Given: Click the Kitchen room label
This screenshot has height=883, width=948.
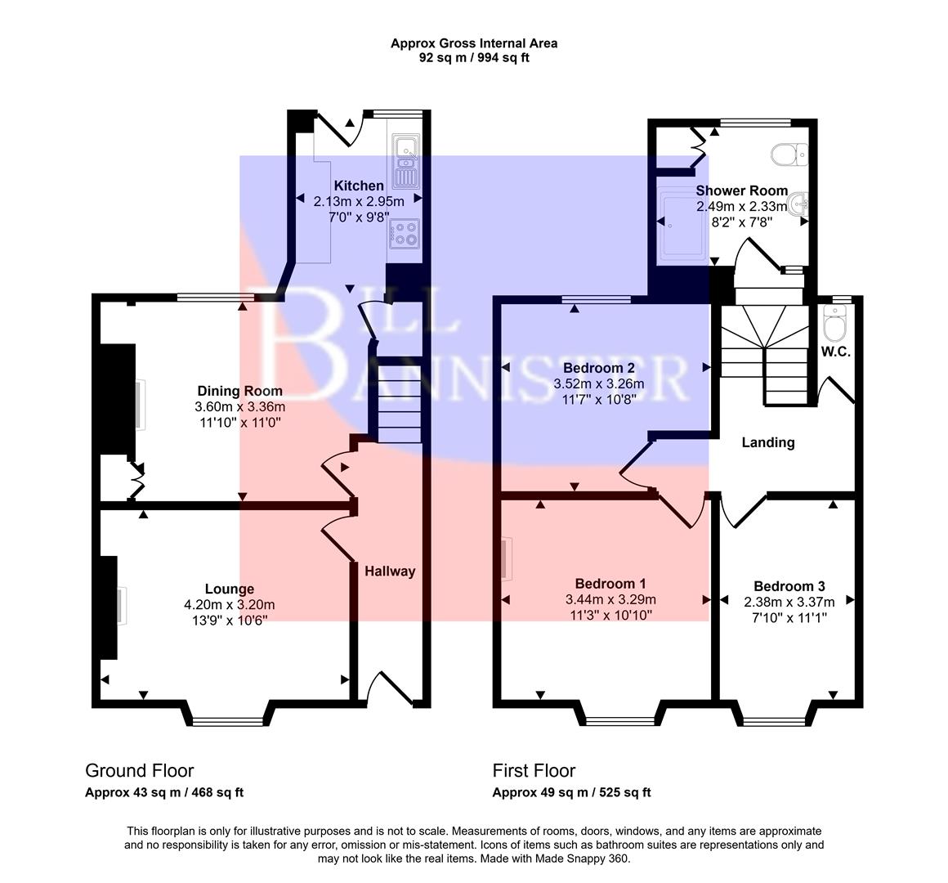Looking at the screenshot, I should (x=358, y=186).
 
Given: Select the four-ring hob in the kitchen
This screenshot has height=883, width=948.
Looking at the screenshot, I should (x=405, y=232).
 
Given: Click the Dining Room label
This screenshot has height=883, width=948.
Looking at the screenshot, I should (x=239, y=391).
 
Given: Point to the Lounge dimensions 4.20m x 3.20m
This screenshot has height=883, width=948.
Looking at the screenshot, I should (x=229, y=605).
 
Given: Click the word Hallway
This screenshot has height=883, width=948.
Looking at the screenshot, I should (x=390, y=571).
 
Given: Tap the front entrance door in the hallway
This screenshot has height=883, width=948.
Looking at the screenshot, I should (x=391, y=688).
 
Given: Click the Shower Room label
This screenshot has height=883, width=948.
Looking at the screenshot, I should (x=741, y=190).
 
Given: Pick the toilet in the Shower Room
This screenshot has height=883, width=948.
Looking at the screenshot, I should (x=789, y=153).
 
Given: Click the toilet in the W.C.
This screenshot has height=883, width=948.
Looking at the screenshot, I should (x=834, y=328).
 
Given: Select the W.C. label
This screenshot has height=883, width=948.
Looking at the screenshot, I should (x=836, y=352).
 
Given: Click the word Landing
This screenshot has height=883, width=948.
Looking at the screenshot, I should (x=767, y=442).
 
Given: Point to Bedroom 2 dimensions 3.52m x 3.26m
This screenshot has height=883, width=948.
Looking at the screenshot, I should (x=598, y=383).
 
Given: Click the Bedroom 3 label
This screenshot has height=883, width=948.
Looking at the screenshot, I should (x=789, y=586).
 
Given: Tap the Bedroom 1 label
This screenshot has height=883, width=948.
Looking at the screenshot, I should (x=610, y=584).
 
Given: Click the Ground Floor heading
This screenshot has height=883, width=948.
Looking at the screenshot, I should (x=140, y=770).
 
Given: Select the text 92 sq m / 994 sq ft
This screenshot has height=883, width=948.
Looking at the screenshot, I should (x=474, y=57).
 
